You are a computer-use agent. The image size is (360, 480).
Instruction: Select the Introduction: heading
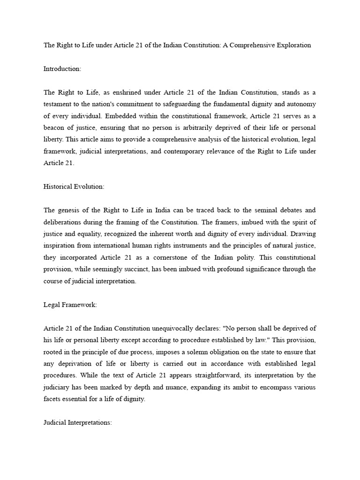pos(62,68)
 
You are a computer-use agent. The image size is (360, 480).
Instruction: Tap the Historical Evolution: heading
pos(74,186)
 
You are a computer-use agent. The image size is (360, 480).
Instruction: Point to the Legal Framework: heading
pos(70,305)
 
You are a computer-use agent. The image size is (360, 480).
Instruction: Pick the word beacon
pos(54,127)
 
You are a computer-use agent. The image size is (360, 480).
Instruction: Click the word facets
pos(53,399)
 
